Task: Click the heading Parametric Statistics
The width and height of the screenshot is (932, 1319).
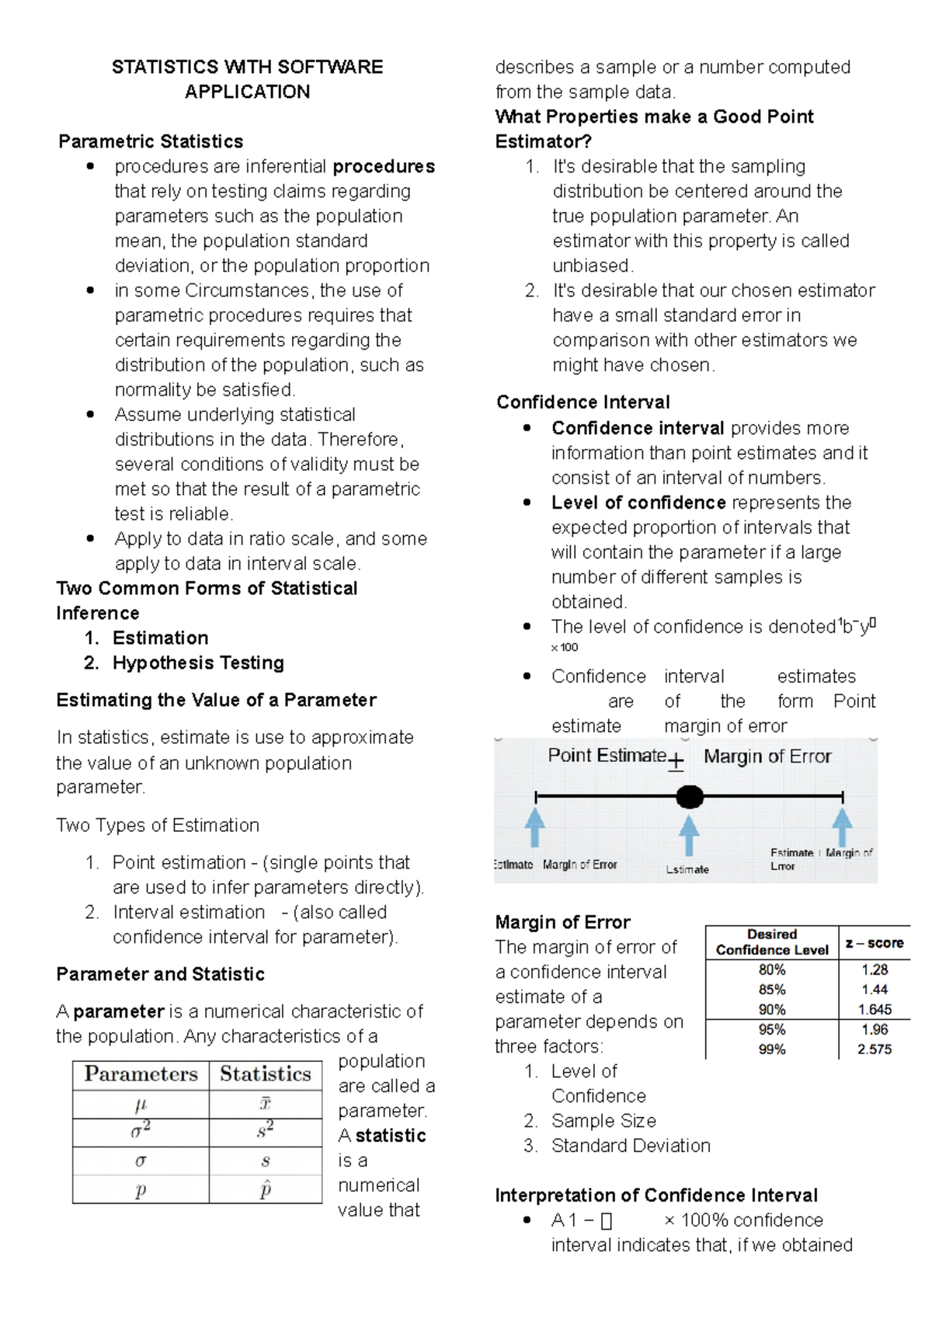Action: pyautogui.click(x=151, y=141)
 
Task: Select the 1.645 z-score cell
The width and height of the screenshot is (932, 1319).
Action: pyautogui.click(x=875, y=1010)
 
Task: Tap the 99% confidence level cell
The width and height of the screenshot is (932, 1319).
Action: pyautogui.click(x=772, y=1049)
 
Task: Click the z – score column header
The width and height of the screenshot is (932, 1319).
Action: pyautogui.click(x=875, y=943)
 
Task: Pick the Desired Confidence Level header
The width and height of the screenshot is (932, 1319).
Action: pyautogui.click(x=772, y=942)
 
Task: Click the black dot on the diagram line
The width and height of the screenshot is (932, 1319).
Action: pyautogui.click(x=689, y=797)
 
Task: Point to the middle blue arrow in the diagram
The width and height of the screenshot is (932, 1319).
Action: pyautogui.click(x=689, y=834)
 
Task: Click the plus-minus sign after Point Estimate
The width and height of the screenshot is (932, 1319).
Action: pyautogui.click(x=676, y=761)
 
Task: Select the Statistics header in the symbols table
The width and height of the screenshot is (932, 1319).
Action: pyautogui.click(x=266, y=1074)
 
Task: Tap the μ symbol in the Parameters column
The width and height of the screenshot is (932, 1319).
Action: pyautogui.click(x=141, y=1104)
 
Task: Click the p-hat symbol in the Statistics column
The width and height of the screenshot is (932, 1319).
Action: pyautogui.click(x=266, y=1189)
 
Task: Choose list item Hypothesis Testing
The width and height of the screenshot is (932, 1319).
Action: pyautogui.click(x=198, y=663)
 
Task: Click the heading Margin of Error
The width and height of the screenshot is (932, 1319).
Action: pyautogui.click(x=562, y=922)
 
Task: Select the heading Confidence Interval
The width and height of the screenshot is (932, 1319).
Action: pyautogui.click(x=582, y=402)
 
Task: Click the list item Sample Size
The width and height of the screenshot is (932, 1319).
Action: pyautogui.click(x=603, y=1121)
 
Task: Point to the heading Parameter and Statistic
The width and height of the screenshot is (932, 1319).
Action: pyautogui.click(x=160, y=974)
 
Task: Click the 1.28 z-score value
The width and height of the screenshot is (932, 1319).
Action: pyautogui.click(x=875, y=970)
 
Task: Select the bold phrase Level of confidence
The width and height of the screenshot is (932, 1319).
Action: pyautogui.click(x=638, y=503)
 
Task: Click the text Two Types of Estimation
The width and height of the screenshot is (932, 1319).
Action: pyautogui.click(x=158, y=825)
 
